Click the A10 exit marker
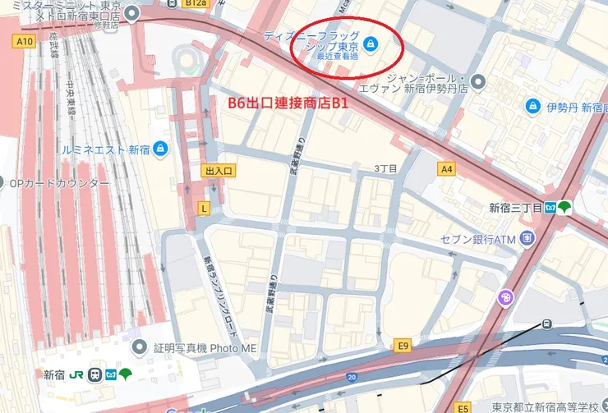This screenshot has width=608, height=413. coord(24,41)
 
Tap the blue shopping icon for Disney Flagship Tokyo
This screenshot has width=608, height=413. coord(370,44)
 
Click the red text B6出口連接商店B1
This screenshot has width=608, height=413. coord(288,104)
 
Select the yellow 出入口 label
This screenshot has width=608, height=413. coord(219,170)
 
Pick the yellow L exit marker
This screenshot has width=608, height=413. coord(204,209)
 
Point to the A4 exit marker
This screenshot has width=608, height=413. coord(446,170)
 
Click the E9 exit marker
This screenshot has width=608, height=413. coord(402,345)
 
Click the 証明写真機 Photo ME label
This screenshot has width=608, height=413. coord(205,347)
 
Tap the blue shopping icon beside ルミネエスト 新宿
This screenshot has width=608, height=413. coord(160,149)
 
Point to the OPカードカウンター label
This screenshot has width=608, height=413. coord(58,182)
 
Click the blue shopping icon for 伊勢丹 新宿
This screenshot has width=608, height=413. coord(532,107)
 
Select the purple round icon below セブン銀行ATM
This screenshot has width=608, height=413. coord(506,297)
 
